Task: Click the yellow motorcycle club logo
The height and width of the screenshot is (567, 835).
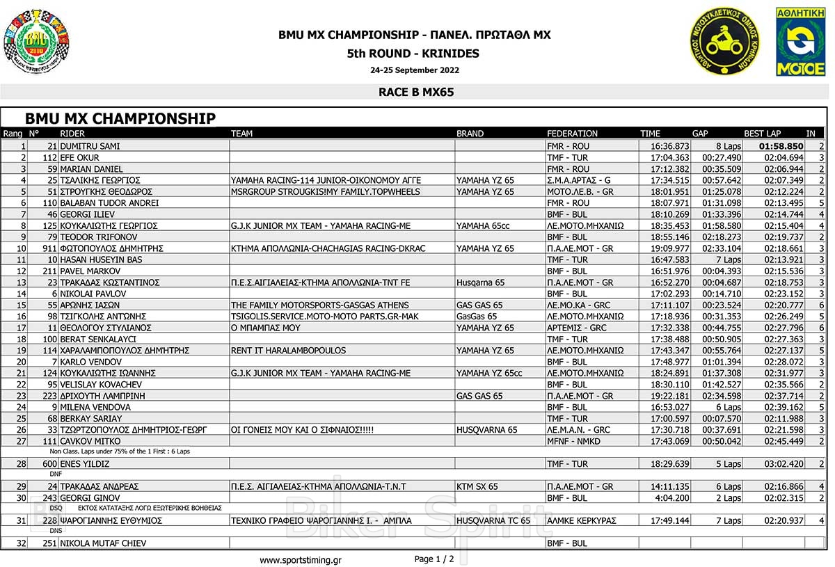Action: point(724,42)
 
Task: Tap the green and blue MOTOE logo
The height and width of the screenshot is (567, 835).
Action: point(800,42)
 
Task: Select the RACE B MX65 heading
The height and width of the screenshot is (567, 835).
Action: point(416,92)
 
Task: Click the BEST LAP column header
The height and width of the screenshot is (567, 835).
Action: point(763,134)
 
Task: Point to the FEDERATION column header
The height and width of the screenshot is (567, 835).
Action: point(572,134)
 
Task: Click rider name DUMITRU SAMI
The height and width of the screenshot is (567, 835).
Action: point(90,147)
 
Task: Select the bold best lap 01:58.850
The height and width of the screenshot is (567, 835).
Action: point(781,147)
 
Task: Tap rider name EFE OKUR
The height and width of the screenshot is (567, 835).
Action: point(80,158)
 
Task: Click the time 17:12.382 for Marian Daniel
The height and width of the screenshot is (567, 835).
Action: point(670,169)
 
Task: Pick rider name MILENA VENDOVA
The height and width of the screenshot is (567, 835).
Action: point(95,407)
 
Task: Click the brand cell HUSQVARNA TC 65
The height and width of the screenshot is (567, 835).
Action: point(493,520)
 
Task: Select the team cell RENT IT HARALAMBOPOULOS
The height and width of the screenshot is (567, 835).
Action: point(288,351)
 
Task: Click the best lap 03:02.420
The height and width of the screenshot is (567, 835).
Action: point(784,464)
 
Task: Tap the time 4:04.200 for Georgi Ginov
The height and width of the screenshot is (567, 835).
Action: point(674,497)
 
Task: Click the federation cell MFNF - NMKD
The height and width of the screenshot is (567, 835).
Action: point(573,441)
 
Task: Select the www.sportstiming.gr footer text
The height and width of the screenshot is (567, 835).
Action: point(301,560)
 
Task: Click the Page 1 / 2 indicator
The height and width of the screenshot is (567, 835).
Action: point(434,559)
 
